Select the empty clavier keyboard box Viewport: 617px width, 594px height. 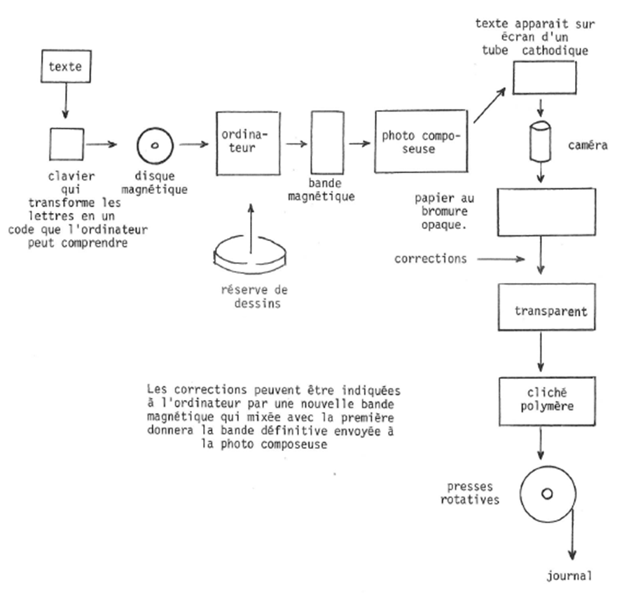67,144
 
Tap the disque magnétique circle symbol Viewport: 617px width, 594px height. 153,146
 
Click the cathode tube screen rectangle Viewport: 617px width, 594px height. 544,77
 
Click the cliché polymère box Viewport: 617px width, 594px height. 548,396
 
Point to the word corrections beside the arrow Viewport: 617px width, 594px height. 431,258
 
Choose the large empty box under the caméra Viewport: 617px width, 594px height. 544,212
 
